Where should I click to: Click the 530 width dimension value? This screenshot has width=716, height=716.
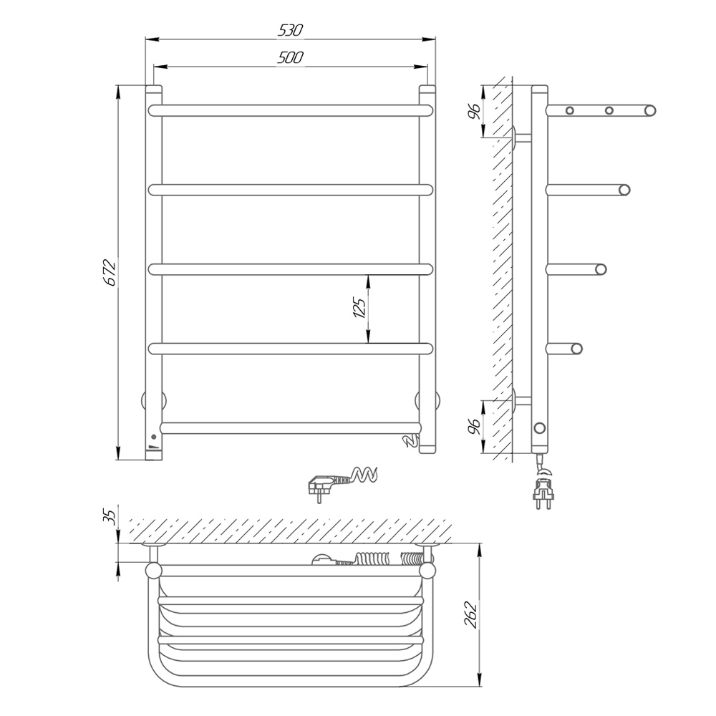pyautogui.click(x=291, y=30)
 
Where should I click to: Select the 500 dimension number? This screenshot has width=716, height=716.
pyautogui.click(x=291, y=57)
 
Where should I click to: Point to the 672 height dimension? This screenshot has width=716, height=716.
pyautogui.click(x=110, y=273)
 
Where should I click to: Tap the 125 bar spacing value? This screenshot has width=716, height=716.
pyautogui.click(x=359, y=308)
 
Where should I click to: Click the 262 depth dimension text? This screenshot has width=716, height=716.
pyautogui.click(x=470, y=615)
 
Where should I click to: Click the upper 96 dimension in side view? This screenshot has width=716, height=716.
pyautogui.click(x=474, y=111)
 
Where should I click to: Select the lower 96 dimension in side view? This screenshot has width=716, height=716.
pyautogui.click(x=474, y=426)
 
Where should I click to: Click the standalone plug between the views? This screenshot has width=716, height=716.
pyautogui.click(x=342, y=483)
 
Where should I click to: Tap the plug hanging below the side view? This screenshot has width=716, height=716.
pyautogui.click(x=543, y=488)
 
